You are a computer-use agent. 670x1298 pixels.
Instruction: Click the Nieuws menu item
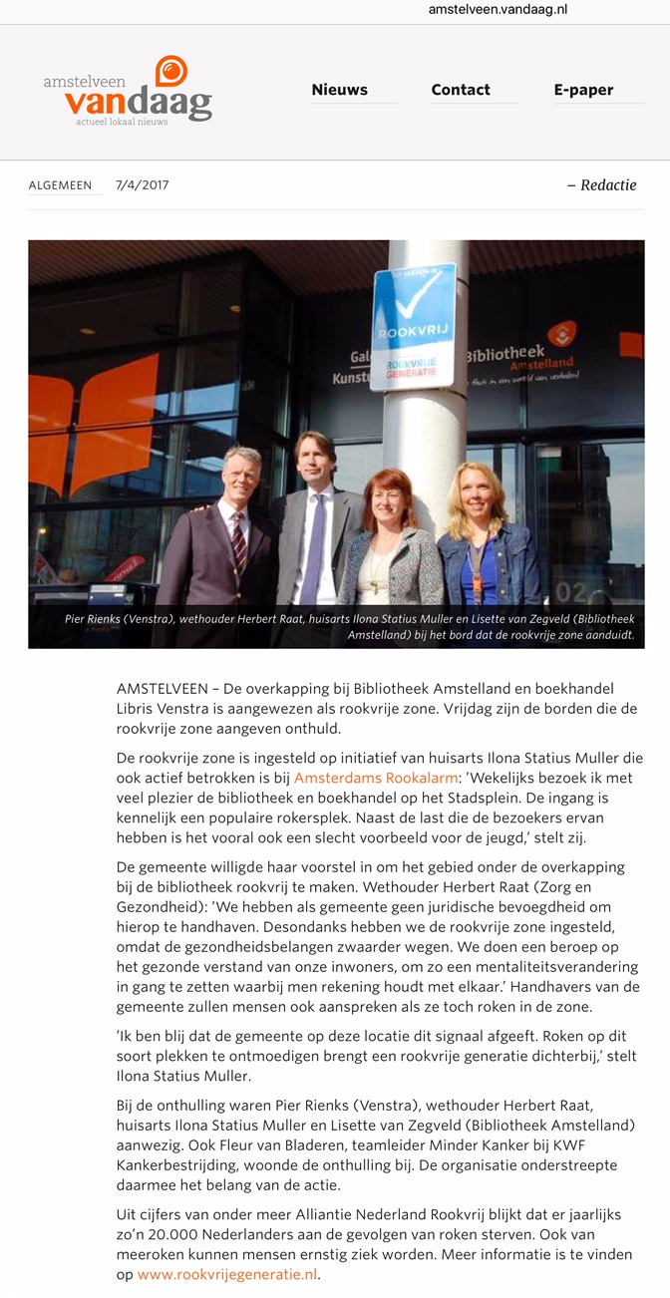tap(339, 90)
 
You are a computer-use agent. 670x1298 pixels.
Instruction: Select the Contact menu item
tap(461, 90)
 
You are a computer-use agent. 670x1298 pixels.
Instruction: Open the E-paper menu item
tap(583, 90)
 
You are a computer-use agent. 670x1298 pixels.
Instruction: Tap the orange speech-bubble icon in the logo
tap(171, 71)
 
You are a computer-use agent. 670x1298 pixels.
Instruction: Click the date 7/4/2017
tap(143, 185)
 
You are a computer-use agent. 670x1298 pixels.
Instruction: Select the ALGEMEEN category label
tap(60, 185)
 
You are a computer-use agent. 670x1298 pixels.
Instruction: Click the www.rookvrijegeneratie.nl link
tap(227, 1274)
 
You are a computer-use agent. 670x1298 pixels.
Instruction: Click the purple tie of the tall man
tap(315, 548)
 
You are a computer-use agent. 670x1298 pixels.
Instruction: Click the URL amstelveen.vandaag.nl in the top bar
tap(498, 9)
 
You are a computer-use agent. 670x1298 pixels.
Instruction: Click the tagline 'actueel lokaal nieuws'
tap(122, 122)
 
